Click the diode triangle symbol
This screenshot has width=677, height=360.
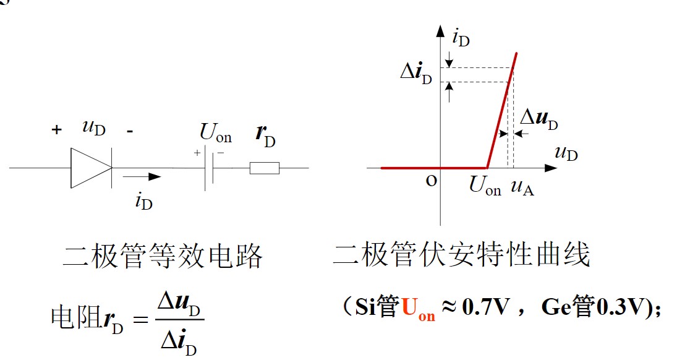click(x=90, y=168)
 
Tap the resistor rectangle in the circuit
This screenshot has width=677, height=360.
click(x=265, y=168)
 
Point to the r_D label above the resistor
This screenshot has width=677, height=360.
click(x=265, y=137)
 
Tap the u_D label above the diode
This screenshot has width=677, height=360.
click(x=93, y=129)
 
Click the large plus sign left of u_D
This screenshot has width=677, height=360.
click(x=57, y=130)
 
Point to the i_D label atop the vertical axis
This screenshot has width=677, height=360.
click(x=461, y=39)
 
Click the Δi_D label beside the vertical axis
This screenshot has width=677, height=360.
click(x=416, y=74)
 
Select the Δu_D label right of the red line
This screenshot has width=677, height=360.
click(x=538, y=119)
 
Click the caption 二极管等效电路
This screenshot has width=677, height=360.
click(x=163, y=255)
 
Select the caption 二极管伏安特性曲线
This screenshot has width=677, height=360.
click(x=461, y=254)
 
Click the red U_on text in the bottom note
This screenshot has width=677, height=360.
click(x=419, y=308)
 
